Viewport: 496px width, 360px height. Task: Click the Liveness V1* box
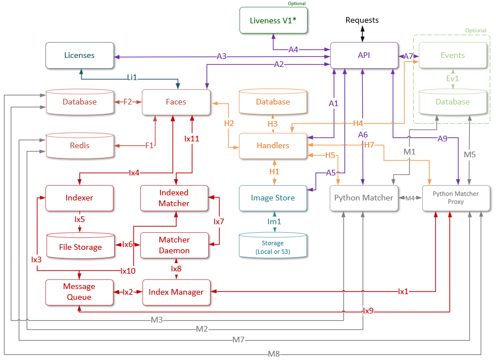(273, 22)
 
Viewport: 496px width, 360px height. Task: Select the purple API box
(364, 55)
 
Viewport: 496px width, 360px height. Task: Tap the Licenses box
(79, 55)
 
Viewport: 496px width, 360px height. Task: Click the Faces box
(176, 102)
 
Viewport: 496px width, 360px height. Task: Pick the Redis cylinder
(80, 146)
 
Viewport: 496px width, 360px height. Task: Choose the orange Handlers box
(273, 146)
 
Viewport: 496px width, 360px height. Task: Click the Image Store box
(273, 198)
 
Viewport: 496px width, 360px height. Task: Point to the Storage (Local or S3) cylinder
(273, 246)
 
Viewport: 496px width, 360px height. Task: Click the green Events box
(452, 55)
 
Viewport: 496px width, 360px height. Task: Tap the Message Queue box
(79, 292)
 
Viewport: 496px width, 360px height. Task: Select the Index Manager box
(176, 292)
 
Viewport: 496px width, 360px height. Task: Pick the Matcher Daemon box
(174, 245)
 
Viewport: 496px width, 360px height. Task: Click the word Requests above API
(362, 20)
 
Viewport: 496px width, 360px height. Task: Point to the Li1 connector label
(132, 77)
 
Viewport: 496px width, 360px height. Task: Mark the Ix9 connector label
(368, 311)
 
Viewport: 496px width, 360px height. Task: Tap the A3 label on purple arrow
(222, 56)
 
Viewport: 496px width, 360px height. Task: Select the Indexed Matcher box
(174, 198)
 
